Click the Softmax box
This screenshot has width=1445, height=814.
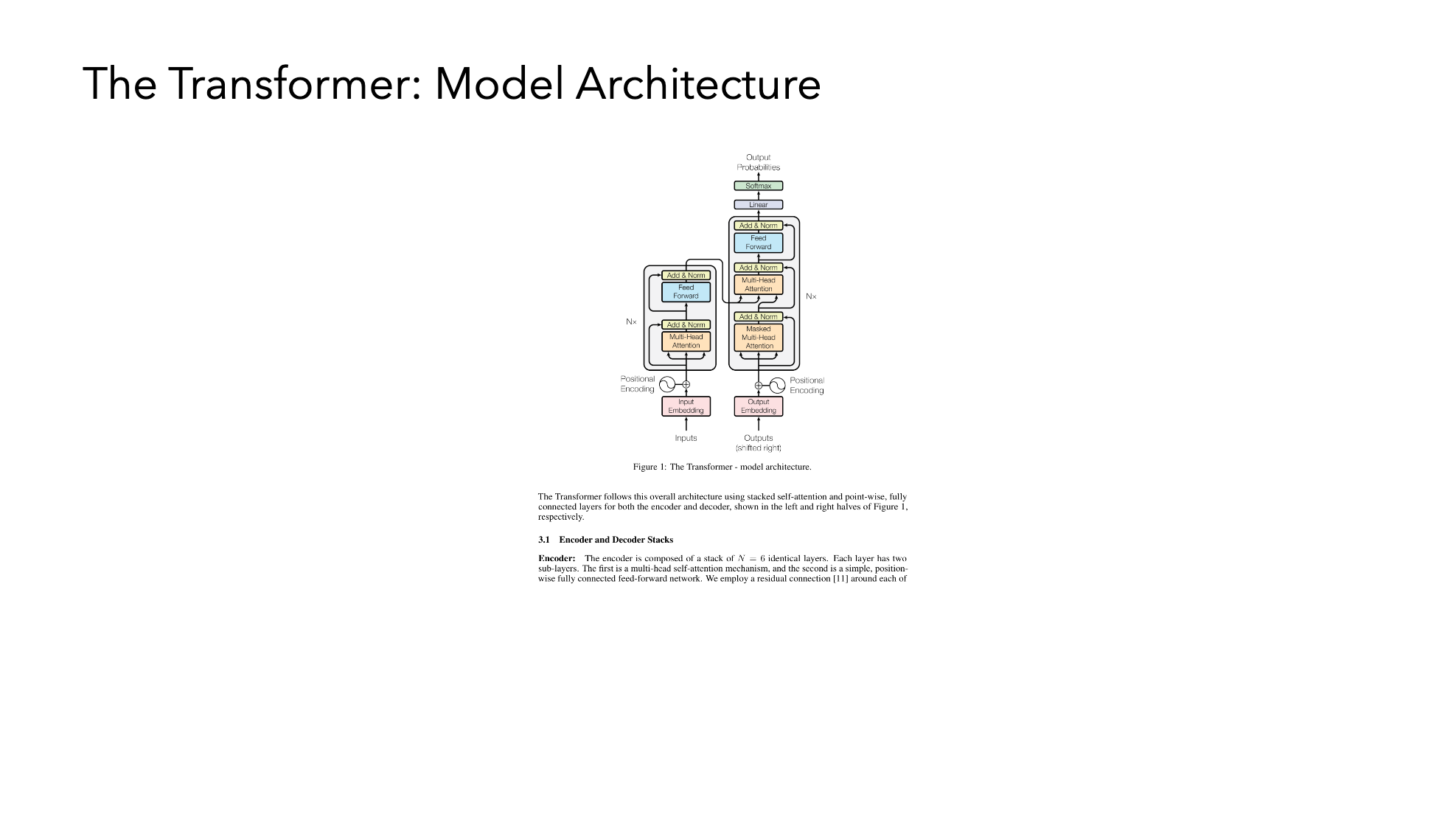(758, 186)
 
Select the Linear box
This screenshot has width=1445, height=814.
(758, 205)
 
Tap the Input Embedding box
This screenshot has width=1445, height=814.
(686, 406)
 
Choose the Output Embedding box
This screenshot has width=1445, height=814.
(758, 406)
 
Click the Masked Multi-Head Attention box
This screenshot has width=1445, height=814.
(758, 338)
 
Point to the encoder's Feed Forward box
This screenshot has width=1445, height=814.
(686, 292)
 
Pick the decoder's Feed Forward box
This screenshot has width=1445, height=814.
(758, 243)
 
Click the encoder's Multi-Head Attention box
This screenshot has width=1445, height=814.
(686, 341)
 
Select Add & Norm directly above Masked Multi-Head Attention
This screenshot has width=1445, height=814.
(758, 317)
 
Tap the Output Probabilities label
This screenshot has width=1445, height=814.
(758, 162)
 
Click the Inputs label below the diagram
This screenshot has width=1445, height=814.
(686, 438)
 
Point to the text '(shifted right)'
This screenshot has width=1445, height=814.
(758, 448)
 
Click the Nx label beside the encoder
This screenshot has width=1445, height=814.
(631, 322)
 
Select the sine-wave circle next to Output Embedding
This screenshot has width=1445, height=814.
(777, 386)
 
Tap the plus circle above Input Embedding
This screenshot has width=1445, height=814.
(686, 385)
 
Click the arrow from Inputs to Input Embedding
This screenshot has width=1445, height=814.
(686, 424)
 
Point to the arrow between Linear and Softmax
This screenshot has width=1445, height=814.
(758, 195)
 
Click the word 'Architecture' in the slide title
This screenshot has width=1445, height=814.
(697, 83)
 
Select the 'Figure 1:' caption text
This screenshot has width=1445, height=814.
(650, 467)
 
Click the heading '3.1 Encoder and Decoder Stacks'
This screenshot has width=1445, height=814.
(605, 540)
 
